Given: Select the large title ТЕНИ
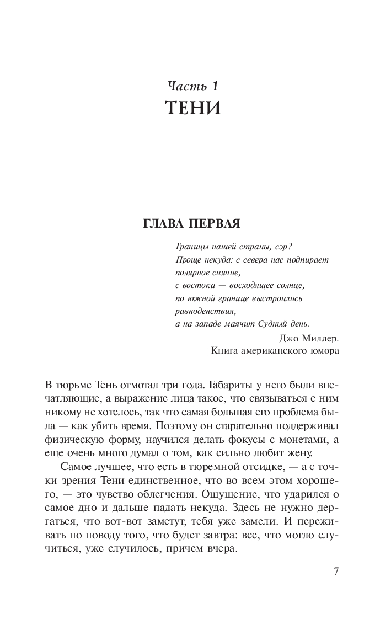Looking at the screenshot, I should (194, 109).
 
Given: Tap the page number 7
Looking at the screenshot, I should (337, 571).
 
